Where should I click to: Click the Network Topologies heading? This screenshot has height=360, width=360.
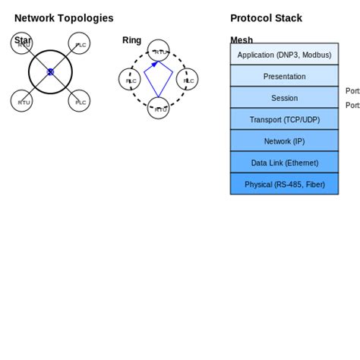[x=64, y=18]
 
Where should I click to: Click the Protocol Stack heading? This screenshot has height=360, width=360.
[x=266, y=18]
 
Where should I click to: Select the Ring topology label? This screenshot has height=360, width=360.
[x=131, y=40]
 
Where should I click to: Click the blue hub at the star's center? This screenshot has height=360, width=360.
[x=50, y=72]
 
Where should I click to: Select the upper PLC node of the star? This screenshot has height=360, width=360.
[x=79, y=43]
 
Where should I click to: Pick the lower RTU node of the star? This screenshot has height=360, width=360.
[x=22, y=101]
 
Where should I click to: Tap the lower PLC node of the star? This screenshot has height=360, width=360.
[x=79, y=101]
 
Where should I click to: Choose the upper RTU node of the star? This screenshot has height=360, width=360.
[x=22, y=43]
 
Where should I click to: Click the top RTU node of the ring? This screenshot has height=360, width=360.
[x=159, y=51]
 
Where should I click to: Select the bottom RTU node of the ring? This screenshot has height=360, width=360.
[x=159, y=109]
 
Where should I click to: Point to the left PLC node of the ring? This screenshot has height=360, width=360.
[x=130, y=80]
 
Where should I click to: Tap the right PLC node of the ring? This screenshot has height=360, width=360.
[x=188, y=80]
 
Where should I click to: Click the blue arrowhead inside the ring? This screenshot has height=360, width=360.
[x=156, y=65]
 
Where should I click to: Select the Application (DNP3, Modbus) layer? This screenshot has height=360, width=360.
[x=284, y=55]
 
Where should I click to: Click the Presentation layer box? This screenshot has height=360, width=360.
[x=284, y=76]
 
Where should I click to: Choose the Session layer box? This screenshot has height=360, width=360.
[x=284, y=98]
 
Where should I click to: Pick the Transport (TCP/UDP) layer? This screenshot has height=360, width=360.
[x=284, y=119]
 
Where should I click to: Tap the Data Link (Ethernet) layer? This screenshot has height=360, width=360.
[x=284, y=163]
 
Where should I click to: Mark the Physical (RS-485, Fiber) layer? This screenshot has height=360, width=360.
[x=284, y=184]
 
